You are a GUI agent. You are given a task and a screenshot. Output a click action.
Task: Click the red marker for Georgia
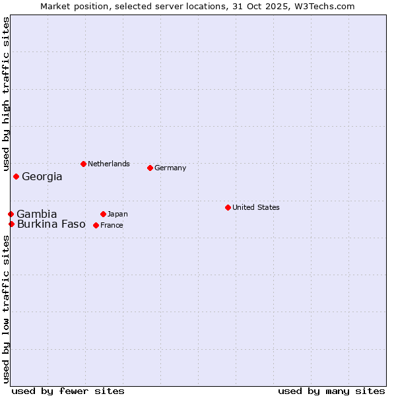(x=16, y=176)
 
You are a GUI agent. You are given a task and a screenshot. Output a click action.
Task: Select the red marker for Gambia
(x=11, y=214)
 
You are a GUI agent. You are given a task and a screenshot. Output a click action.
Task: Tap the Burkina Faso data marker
(x=11, y=224)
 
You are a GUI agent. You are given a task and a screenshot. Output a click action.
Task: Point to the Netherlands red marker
(x=83, y=164)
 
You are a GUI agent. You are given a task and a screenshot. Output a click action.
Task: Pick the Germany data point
(x=150, y=168)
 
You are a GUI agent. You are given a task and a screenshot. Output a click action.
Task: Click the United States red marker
(x=228, y=207)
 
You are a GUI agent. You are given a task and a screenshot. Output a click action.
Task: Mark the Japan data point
(x=103, y=214)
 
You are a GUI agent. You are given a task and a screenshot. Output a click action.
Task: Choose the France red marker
(x=96, y=225)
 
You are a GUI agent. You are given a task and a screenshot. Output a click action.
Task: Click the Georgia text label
(x=42, y=177)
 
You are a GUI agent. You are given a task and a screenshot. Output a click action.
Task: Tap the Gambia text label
(x=37, y=214)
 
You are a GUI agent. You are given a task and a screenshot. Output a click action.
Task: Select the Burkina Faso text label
(x=51, y=224)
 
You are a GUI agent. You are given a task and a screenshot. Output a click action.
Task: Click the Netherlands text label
(x=109, y=164)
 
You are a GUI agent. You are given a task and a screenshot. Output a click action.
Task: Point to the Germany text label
(x=170, y=168)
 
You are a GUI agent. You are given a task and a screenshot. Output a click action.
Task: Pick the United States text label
(x=256, y=207)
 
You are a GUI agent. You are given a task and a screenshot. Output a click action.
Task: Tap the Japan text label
(x=117, y=214)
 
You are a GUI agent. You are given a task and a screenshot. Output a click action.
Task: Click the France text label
(x=112, y=226)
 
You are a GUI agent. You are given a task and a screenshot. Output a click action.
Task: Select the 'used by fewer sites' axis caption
(x=68, y=391)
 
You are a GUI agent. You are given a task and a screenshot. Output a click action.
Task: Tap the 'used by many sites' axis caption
(x=331, y=391)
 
